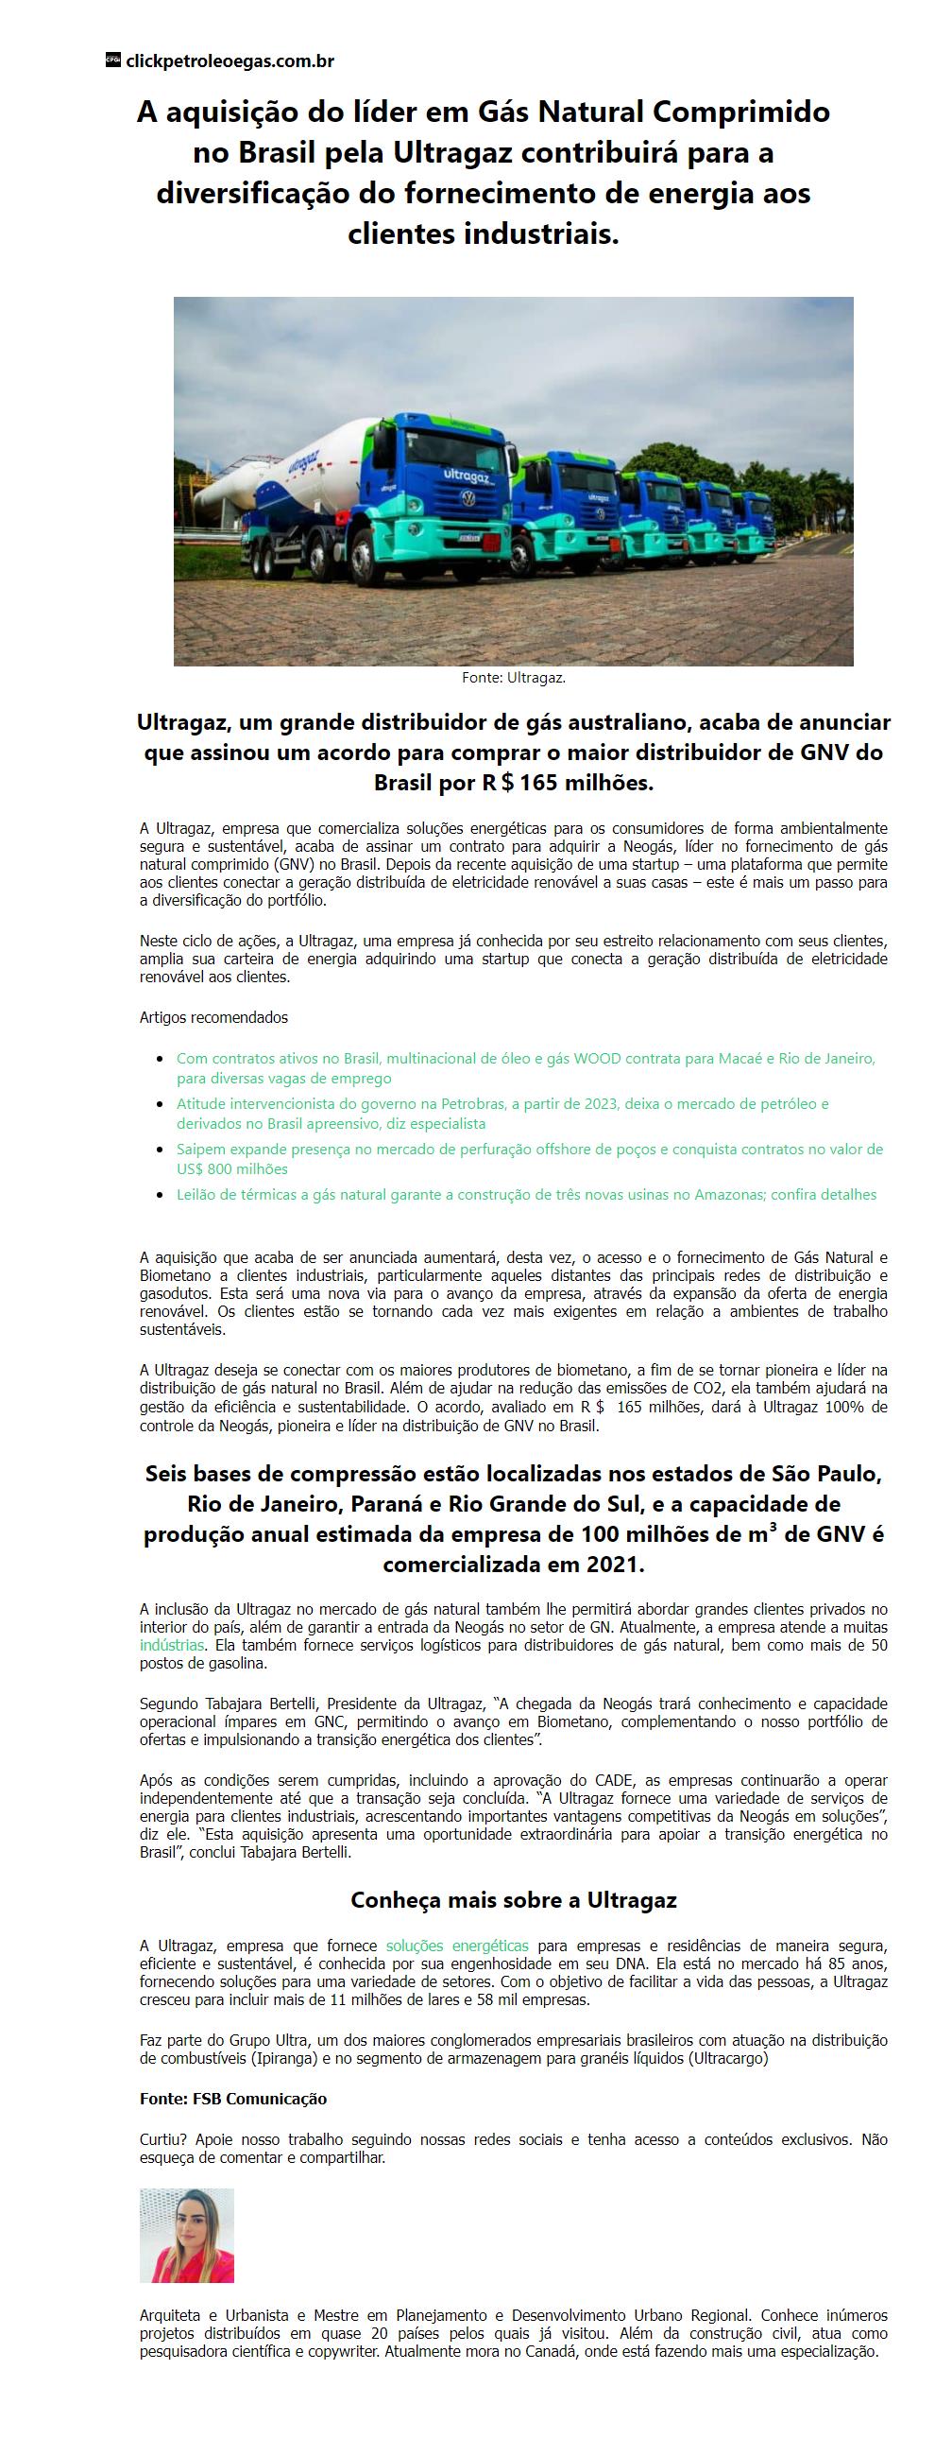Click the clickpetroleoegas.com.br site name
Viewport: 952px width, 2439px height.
tap(229, 61)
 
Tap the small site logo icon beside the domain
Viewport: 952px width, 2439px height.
tap(112, 61)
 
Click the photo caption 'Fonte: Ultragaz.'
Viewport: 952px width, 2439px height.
tap(513, 678)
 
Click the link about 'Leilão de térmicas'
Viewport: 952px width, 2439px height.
tap(526, 1195)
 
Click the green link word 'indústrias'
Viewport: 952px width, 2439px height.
tap(171, 1645)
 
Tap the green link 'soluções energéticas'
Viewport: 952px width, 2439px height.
tap(457, 1946)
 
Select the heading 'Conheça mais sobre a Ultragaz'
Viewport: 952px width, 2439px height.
tap(513, 1900)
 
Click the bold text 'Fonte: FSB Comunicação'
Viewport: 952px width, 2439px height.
tap(232, 2099)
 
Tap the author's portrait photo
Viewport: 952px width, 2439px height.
tap(186, 2236)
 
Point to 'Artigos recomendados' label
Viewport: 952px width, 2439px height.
tap(213, 1018)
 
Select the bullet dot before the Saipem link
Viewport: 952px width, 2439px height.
tap(161, 1150)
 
